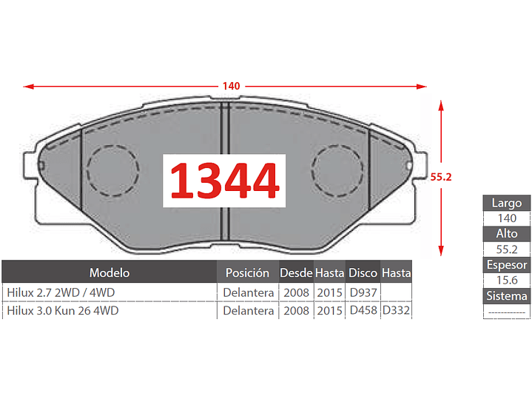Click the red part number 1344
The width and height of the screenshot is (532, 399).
225,181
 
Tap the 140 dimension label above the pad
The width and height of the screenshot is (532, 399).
231,86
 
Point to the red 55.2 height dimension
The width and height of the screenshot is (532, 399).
441,177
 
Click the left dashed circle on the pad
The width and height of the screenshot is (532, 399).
87,171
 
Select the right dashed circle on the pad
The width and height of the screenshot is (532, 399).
312,171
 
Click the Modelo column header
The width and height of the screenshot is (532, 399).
110,272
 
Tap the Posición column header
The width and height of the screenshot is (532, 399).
247,272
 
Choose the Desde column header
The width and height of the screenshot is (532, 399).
296,272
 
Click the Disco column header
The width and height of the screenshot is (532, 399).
363,272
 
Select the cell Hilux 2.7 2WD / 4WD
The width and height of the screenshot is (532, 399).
61,292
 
